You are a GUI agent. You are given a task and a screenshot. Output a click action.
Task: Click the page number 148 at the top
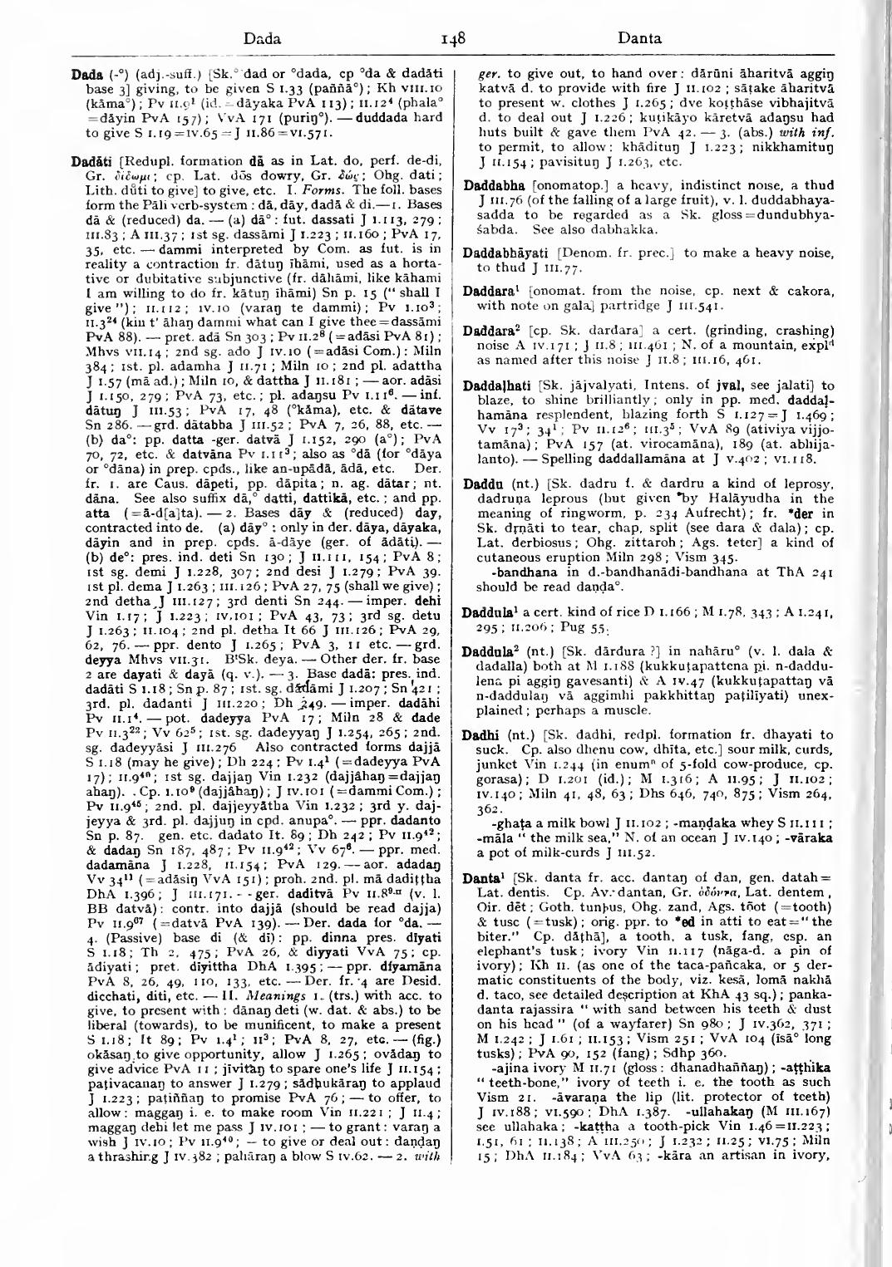coord(453,37)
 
